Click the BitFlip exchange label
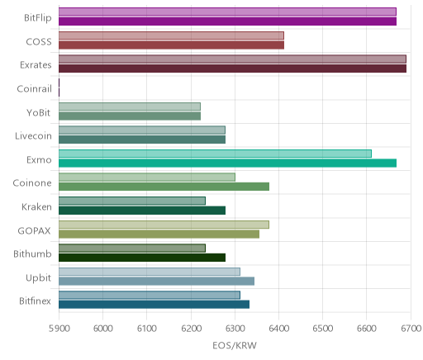point(38,18)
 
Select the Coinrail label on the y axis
point(35,89)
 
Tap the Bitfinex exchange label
point(35,301)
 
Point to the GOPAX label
point(35,230)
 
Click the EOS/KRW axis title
point(235,345)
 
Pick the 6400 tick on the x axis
point(278,329)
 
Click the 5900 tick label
point(59,329)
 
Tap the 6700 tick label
point(411,329)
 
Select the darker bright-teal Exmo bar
point(227,163)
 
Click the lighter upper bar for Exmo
point(215,154)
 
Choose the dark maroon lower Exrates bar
point(232,69)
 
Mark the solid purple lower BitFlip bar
point(227,21)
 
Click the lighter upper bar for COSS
point(171,36)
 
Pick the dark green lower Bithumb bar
point(142,258)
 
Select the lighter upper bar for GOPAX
point(164,225)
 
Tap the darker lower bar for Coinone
point(164,187)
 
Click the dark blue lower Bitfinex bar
point(154,305)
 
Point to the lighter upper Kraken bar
point(132,201)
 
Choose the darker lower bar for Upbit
point(156,282)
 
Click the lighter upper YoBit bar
point(130,107)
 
